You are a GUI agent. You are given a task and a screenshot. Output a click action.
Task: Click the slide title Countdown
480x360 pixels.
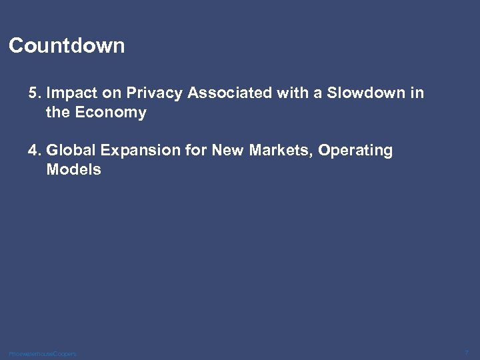(67, 46)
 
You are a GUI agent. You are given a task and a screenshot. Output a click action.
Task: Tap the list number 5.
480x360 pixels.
(33, 93)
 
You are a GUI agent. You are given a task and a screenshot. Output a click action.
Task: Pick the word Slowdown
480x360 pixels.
(364, 93)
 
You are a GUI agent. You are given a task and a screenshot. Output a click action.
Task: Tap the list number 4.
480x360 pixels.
(33, 151)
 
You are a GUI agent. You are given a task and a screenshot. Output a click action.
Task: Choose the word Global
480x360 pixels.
(69, 151)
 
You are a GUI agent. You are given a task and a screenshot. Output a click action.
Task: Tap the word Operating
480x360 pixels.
(355, 151)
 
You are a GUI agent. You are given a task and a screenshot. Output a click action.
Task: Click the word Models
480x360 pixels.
(73, 170)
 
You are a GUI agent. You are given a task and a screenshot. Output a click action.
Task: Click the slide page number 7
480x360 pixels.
(467, 351)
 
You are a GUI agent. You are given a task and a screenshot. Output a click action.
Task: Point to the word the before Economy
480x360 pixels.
(59, 113)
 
